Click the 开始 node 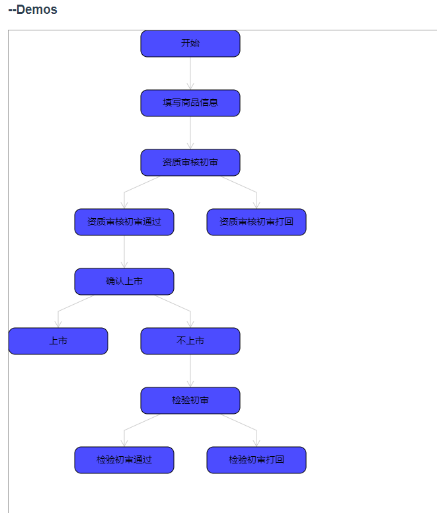pos(190,44)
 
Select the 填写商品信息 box pos(190,103)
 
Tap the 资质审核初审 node pos(190,163)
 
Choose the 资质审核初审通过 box pos(124,222)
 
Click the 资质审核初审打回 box pos(257,222)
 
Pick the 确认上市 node pos(124,282)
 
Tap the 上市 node pos(58,341)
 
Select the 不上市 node pos(190,341)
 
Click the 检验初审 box pos(190,401)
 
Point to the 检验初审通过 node pos(124,460)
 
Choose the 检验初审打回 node pos(257,460)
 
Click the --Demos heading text pos(32,10)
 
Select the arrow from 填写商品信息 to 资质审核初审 pos(190,132)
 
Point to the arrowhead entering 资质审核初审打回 pos(257,204)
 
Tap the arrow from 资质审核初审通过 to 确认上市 pos(124,251)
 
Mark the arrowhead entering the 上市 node pos(58,323)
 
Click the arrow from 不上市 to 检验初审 pos(190,370)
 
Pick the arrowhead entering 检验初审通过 pos(124,442)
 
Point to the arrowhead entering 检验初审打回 pos(257,442)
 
